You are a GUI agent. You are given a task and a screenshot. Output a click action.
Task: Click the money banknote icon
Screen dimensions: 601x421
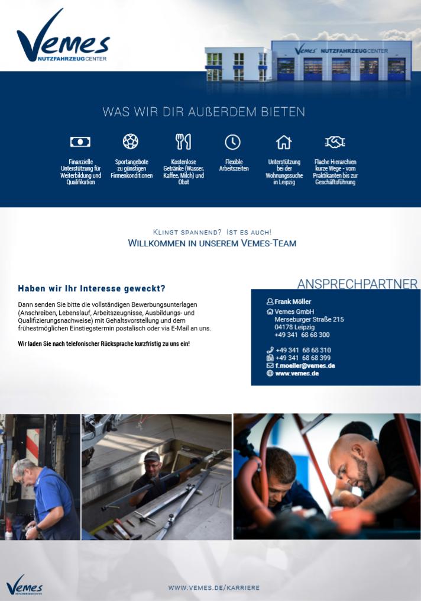point(80,142)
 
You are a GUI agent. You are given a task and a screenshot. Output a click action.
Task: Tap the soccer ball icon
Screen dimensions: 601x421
point(130,142)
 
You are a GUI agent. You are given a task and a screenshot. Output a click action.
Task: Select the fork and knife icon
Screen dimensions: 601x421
point(183,142)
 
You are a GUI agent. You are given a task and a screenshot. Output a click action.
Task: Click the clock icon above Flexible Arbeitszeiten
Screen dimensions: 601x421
point(233,142)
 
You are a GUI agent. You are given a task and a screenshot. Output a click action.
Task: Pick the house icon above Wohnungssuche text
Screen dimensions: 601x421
point(284,142)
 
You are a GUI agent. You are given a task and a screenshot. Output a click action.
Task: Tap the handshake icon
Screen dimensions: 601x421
point(335,142)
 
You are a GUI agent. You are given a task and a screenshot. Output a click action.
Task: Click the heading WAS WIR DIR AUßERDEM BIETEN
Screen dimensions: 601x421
point(203,111)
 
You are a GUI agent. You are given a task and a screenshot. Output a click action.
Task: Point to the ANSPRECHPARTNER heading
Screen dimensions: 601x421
point(357,284)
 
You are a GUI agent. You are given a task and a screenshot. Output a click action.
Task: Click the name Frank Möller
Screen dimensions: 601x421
point(293,301)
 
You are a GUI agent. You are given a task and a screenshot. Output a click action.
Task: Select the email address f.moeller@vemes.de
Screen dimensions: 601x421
point(305,365)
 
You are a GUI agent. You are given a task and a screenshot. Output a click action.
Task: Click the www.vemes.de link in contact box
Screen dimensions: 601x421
point(297,374)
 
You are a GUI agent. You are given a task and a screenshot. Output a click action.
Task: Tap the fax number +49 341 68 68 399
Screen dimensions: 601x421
point(303,358)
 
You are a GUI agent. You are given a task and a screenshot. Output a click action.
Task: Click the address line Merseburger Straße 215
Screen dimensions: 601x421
point(309,319)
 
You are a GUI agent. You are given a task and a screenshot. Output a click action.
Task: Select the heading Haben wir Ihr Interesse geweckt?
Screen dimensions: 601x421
point(92,289)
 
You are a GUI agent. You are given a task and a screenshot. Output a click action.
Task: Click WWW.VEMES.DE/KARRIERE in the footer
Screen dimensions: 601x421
point(213,587)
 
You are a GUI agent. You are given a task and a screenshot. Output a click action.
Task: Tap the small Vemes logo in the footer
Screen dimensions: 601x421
point(24,584)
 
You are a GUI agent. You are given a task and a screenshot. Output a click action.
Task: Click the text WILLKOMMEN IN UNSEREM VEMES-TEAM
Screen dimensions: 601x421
point(212,243)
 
